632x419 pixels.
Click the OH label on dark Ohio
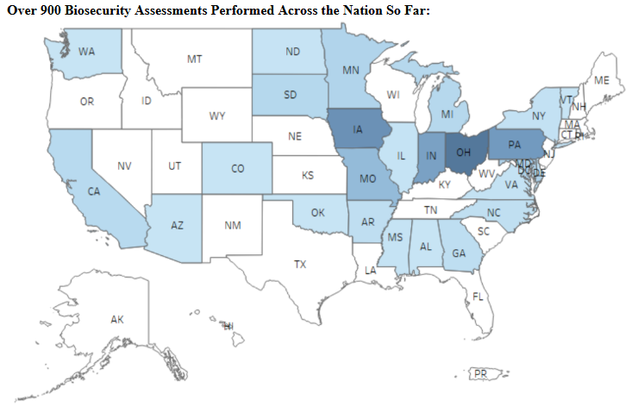pyautogui.click(x=464, y=152)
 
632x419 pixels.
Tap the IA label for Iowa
pyautogui.click(x=357, y=131)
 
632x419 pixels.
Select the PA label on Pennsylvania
pyautogui.click(x=514, y=144)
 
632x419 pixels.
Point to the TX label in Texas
pyautogui.click(x=299, y=264)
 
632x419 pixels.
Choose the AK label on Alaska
pyautogui.click(x=117, y=320)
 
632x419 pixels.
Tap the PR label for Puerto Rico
pyautogui.click(x=481, y=372)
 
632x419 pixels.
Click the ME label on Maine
pyautogui.click(x=602, y=80)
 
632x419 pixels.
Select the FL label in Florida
pyautogui.click(x=478, y=297)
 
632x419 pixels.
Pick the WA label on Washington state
pyautogui.click(x=86, y=52)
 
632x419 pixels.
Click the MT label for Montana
pyautogui.click(x=194, y=59)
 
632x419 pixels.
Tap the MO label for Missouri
pyautogui.click(x=367, y=178)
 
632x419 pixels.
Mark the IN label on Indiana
pyautogui.click(x=430, y=155)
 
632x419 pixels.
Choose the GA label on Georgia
pyautogui.click(x=459, y=253)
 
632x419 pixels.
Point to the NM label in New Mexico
pyautogui.click(x=232, y=226)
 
